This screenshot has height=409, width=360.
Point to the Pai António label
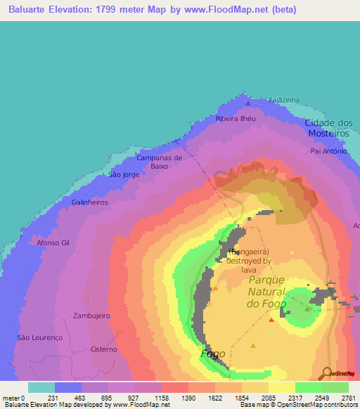tap(329, 150)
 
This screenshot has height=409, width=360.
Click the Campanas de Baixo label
tap(159, 162)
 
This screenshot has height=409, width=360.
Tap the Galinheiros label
tap(88, 202)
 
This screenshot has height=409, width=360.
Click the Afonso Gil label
tap(54, 242)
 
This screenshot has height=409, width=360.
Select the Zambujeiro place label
tap(92, 316)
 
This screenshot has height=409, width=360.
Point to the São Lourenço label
tap(40, 337)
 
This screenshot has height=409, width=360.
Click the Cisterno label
tap(104, 349)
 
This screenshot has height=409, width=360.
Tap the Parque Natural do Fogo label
tap(266, 291)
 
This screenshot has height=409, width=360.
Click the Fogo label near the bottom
tap(213, 353)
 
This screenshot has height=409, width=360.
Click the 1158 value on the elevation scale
tap(162, 398)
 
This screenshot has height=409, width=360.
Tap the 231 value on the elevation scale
tap(54, 398)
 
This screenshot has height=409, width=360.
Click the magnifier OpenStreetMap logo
tap(328, 373)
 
